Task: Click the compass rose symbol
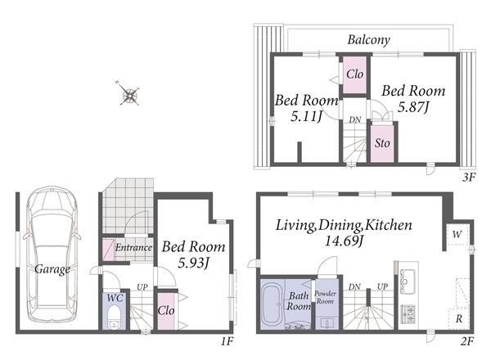pyautogui.click(x=129, y=94)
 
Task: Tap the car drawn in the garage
pyautogui.click(x=52, y=254)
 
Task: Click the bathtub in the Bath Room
pyautogui.click(x=273, y=304)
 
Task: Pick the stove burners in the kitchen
pyautogui.click(x=408, y=314)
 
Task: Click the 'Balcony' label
pyautogui.click(x=369, y=40)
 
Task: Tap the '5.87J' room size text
pyautogui.click(x=413, y=107)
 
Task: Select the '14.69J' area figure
pyautogui.click(x=344, y=241)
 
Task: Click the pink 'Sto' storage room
pyautogui.click(x=382, y=144)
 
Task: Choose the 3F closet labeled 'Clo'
pyautogui.click(x=355, y=74)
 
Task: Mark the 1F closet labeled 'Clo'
pyautogui.click(x=166, y=311)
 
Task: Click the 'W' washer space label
pyautogui.click(x=457, y=234)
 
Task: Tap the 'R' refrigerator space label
pyautogui.click(x=459, y=319)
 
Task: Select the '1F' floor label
pyautogui.click(x=227, y=341)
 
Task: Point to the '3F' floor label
pyautogui.click(x=469, y=178)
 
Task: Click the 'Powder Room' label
pyautogui.click(x=325, y=297)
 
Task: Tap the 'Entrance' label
pyautogui.click(x=133, y=248)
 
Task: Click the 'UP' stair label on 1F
pyautogui.click(x=142, y=287)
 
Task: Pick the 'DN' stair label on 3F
pyautogui.click(x=355, y=119)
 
